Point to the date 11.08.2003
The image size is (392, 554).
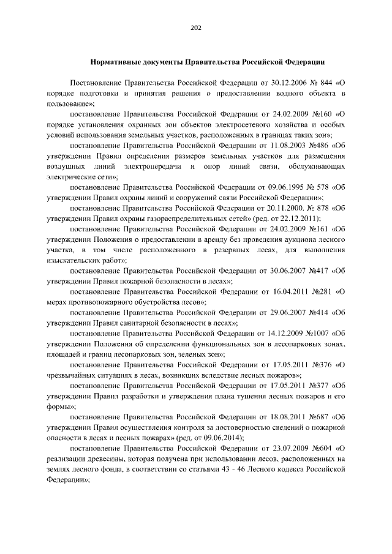[x=279, y=147]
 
